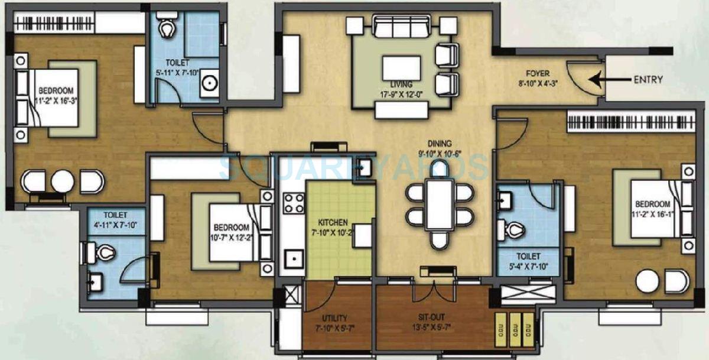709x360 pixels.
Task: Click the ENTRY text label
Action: [x=648, y=80]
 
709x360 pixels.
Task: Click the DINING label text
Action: [x=441, y=143]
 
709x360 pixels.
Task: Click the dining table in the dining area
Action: [x=440, y=204]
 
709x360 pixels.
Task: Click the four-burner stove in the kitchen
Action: [x=293, y=203]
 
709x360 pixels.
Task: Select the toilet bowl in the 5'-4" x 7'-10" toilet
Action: [x=514, y=229]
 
